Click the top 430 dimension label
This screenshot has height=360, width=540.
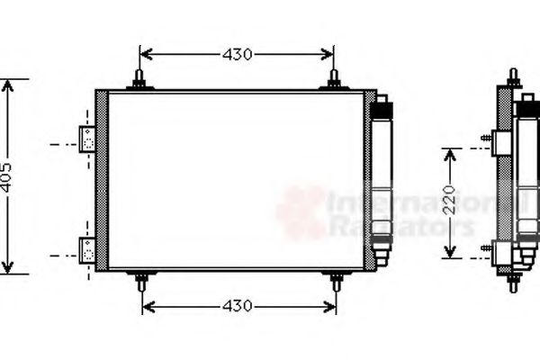tap(237, 55)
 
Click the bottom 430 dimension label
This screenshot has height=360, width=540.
tap(238, 306)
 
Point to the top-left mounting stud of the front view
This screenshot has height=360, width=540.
tap(139, 80)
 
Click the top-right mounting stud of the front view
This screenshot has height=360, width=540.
tap(334, 80)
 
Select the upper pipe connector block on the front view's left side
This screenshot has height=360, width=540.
tap(87, 139)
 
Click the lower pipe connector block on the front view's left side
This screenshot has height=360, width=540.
tap(87, 249)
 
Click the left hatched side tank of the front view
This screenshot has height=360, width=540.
tap(102, 180)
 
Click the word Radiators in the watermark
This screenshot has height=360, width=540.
tap(400, 226)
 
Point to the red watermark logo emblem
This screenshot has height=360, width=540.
tap(301, 211)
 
